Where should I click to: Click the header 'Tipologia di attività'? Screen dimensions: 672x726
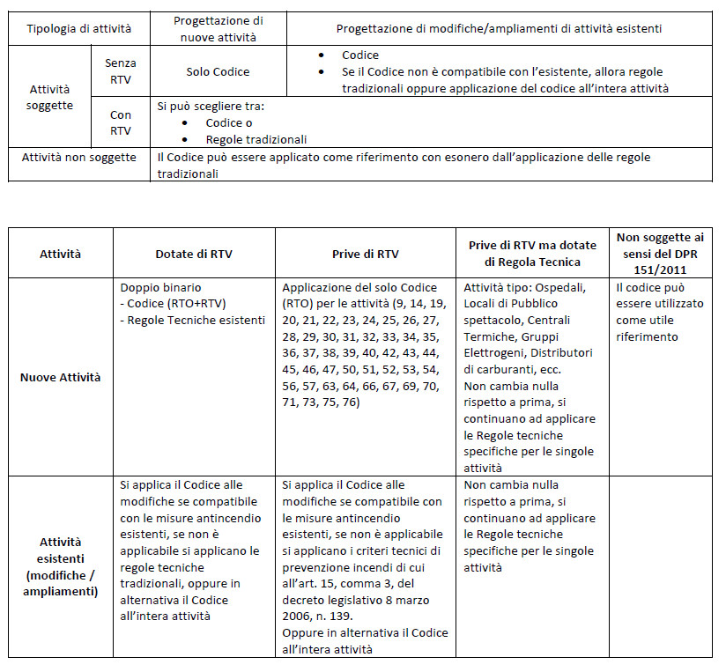coord(78,28)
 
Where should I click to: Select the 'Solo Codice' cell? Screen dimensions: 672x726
coord(218,71)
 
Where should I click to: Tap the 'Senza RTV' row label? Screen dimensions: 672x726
coord(121,71)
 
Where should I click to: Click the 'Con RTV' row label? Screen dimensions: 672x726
coord(121,122)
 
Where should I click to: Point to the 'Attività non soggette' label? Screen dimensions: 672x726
coord(78,157)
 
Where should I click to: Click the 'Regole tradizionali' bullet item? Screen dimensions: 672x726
coord(256,139)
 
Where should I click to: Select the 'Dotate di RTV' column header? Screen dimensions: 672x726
coord(194,254)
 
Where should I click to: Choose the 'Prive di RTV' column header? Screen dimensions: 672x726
coord(365,254)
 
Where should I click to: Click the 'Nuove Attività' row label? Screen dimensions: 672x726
coord(60,377)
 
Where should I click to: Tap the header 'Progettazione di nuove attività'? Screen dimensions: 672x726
coord(218,28)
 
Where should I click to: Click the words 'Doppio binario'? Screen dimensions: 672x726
coord(160,288)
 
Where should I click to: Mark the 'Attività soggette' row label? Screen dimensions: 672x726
coord(51,97)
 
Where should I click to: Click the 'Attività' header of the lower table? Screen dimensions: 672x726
coord(60,254)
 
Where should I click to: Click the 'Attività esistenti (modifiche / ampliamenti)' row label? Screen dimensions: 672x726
coord(60,566)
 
